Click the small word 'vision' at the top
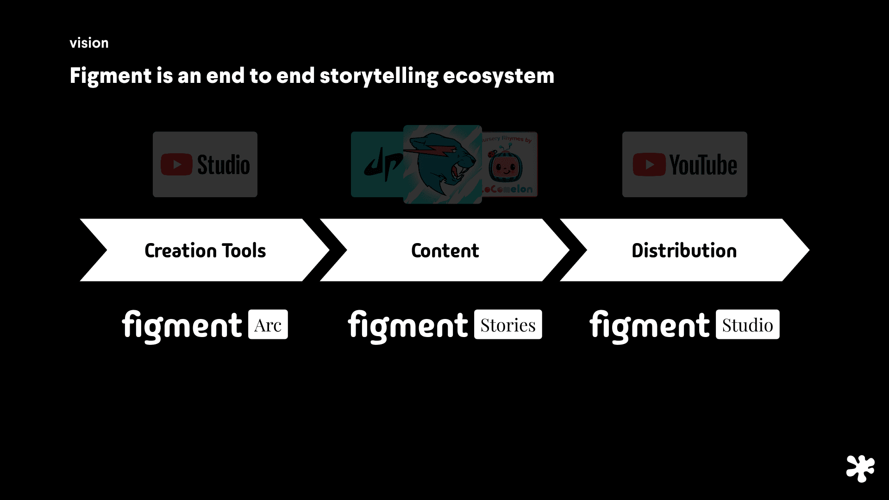pos(89,43)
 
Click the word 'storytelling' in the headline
pos(378,76)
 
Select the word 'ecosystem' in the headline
pos(498,76)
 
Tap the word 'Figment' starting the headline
pos(110,76)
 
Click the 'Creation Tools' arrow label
pos(205,250)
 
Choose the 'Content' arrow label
pos(445,250)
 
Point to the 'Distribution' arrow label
pos(684,250)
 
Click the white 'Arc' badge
pos(268,325)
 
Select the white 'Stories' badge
pos(508,325)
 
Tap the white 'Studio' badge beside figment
pos(747,325)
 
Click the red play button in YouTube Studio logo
pos(176,164)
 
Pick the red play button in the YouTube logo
pos(649,165)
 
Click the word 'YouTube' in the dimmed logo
pos(703,165)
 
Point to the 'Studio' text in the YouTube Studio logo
pos(223,165)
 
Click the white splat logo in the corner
pos(860,469)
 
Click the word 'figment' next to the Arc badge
pos(182,325)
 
